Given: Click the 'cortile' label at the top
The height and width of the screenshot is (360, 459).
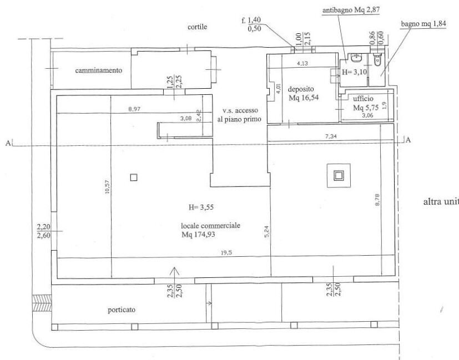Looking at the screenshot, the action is click(x=197, y=27).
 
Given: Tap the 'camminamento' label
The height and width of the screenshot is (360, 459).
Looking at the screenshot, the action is click(x=99, y=70).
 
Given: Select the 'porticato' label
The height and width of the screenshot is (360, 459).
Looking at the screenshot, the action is click(x=122, y=310).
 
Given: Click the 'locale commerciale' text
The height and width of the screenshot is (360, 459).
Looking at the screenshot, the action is click(x=210, y=226).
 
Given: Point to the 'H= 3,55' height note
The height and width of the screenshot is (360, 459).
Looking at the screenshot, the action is click(x=201, y=207).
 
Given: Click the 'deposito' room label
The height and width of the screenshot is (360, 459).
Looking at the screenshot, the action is click(x=301, y=89).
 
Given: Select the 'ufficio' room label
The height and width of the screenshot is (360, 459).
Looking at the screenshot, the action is click(x=363, y=99).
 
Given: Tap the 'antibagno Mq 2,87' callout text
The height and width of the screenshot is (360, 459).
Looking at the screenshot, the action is click(x=351, y=10).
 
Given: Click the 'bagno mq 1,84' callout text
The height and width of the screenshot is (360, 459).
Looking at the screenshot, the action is click(x=423, y=24).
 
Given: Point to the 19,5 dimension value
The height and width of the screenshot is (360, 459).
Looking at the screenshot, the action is click(x=226, y=253).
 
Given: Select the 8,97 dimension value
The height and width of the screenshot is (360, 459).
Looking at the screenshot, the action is click(x=134, y=109).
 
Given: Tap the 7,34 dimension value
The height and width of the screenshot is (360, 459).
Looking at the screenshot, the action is click(x=331, y=136).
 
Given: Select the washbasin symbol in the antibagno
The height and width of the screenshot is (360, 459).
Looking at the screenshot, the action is click(x=356, y=58).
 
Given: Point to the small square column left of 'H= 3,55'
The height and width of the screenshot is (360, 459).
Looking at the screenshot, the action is click(x=134, y=177).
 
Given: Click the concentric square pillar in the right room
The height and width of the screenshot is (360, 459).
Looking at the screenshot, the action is click(x=339, y=176).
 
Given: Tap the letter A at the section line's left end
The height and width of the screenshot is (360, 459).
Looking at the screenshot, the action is click(x=8, y=143).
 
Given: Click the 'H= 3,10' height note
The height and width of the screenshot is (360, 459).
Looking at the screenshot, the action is click(x=354, y=72).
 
